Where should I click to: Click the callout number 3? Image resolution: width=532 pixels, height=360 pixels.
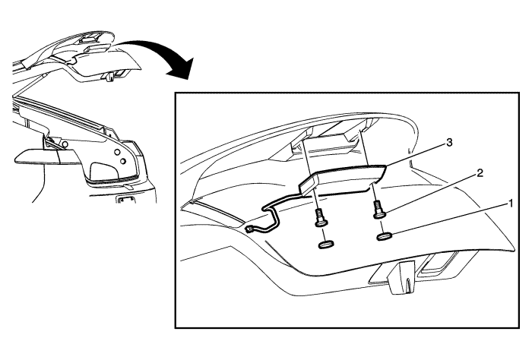click(x=449, y=143)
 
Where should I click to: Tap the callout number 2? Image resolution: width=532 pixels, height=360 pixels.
click(x=480, y=173)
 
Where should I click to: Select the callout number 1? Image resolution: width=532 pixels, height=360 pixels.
click(x=509, y=204)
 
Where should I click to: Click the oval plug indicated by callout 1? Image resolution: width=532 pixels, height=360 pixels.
click(x=385, y=236)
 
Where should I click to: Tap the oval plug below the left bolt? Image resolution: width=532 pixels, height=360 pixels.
click(x=326, y=244)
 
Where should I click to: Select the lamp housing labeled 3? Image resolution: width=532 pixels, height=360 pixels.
click(x=343, y=179)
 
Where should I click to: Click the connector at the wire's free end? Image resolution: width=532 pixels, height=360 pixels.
click(x=251, y=229)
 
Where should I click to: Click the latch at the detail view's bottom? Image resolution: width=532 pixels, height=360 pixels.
click(x=401, y=277)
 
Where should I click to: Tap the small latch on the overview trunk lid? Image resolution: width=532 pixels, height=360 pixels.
click(x=110, y=77)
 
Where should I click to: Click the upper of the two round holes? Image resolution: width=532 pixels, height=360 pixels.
click(x=117, y=151)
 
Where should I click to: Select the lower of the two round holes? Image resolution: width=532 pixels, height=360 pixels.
click(x=123, y=160)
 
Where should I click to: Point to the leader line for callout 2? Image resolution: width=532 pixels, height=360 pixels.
click(x=431, y=194)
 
